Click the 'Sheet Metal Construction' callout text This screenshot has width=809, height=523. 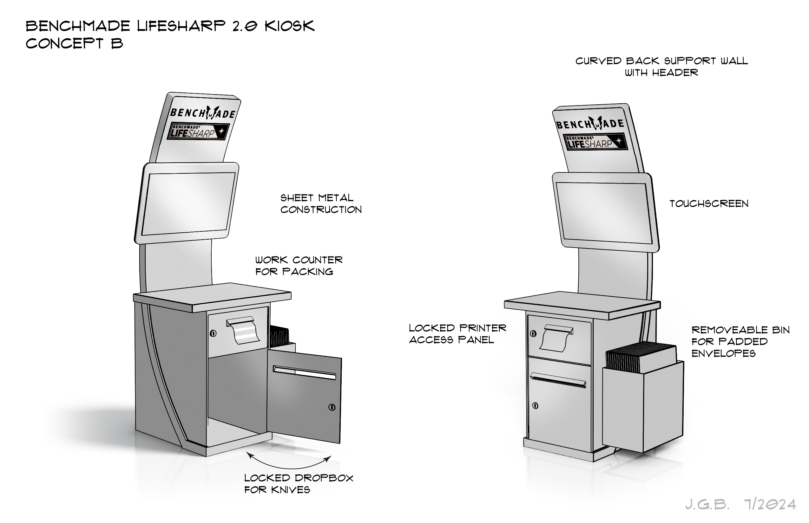click(320, 204)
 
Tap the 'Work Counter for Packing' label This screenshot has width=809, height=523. click(299, 266)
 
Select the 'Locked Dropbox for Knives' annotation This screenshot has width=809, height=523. click(299, 484)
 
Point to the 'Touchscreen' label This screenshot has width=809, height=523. click(709, 204)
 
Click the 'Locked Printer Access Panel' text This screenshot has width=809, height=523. click(457, 334)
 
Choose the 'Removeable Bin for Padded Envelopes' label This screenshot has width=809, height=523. click(740, 341)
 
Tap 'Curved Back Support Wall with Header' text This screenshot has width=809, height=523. click(661, 67)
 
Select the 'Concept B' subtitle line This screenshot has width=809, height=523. click(74, 43)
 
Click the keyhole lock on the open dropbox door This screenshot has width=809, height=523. click(332, 407)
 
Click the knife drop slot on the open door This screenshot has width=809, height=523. click(305, 372)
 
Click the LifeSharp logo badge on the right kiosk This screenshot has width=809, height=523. click(595, 142)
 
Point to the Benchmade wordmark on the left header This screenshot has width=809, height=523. click(203, 113)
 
